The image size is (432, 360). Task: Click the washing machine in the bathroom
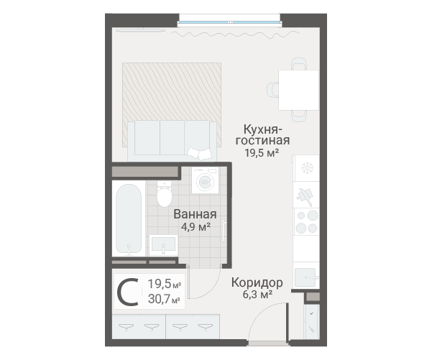coord(206,180)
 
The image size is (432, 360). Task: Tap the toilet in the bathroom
coord(164,193)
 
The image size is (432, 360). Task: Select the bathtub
coord(129,218)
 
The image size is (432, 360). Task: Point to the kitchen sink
coord(305,277)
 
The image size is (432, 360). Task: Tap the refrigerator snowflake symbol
coord(307,168)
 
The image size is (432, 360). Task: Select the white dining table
coord(298,90)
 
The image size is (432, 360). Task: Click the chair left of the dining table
coord(272,90)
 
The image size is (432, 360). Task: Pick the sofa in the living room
coord(172,141)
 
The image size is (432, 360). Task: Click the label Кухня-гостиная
coord(262,134)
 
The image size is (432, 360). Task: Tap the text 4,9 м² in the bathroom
coord(196,227)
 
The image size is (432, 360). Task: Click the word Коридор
coord(257,282)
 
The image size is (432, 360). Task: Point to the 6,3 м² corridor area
coord(257,295)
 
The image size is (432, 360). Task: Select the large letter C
coord(127,292)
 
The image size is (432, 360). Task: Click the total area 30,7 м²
coord(164,299)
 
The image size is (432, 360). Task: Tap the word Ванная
coord(195,214)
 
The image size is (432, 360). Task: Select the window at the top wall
coord(229,22)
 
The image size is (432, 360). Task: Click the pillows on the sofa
coord(200,154)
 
